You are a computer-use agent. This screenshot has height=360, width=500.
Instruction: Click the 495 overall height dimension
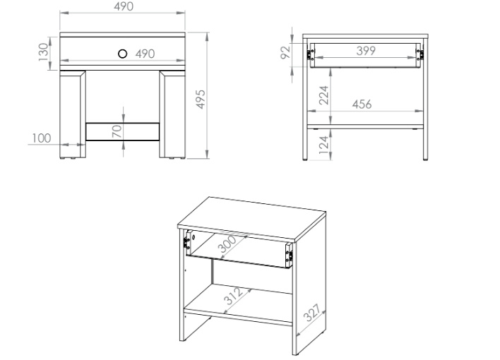(x=201, y=99)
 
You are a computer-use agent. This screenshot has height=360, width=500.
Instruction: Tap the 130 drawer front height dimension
(x=43, y=52)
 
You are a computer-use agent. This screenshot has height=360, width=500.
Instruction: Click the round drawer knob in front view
(x=122, y=54)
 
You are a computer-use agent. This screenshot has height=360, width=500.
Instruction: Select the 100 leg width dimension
(x=42, y=138)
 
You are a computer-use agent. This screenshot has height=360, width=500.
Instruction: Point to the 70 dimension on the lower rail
(x=117, y=131)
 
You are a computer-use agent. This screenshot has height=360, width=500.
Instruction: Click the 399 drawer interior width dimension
(x=366, y=50)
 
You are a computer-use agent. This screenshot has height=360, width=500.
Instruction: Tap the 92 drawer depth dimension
(x=286, y=52)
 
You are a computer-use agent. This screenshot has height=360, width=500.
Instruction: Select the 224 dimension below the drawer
(x=323, y=95)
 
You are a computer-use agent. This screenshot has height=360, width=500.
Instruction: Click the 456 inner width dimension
(x=362, y=104)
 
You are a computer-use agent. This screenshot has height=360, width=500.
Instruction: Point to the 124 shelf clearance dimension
(x=323, y=145)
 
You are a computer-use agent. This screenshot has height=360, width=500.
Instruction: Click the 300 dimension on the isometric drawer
(x=227, y=244)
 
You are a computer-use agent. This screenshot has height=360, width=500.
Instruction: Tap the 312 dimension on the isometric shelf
(x=233, y=296)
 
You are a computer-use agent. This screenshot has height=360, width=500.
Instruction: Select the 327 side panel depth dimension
(x=311, y=313)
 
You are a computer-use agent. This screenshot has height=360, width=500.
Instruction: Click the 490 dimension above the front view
(x=124, y=6)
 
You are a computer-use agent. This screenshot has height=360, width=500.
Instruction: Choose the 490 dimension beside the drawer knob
(x=145, y=54)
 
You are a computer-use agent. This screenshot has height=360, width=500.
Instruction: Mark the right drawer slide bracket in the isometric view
(x=290, y=255)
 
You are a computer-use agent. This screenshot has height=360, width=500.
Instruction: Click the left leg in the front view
(x=73, y=115)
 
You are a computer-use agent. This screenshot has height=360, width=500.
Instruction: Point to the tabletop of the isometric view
(x=252, y=218)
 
